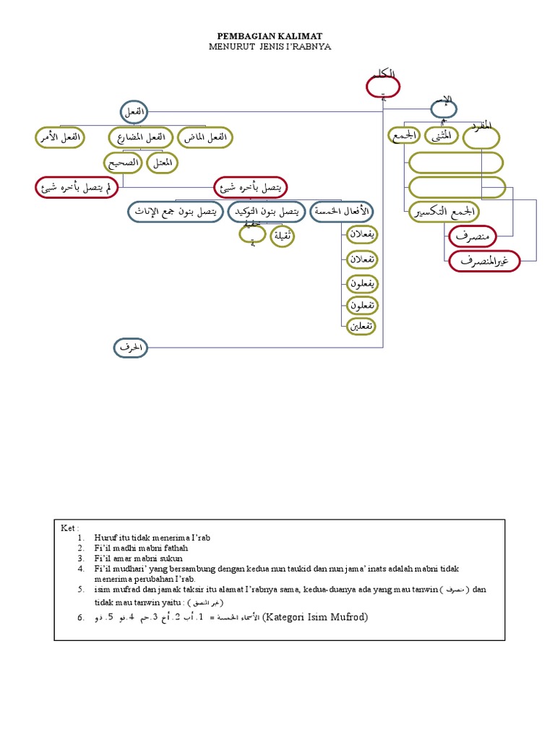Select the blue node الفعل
pyautogui.click(x=133, y=112)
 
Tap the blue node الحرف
pyautogui.click(x=130, y=348)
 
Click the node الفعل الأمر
pyautogui.click(x=60, y=137)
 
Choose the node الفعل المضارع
pyautogui.click(x=141, y=137)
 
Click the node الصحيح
pyautogui.click(x=124, y=163)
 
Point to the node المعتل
pyautogui.click(x=163, y=163)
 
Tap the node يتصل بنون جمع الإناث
pyautogui.click(x=176, y=212)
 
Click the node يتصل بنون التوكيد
pyautogui.click(x=266, y=212)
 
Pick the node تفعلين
pyautogui.click(x=359, y=326)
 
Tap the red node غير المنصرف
pyautogui.click(x=484, y=261)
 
